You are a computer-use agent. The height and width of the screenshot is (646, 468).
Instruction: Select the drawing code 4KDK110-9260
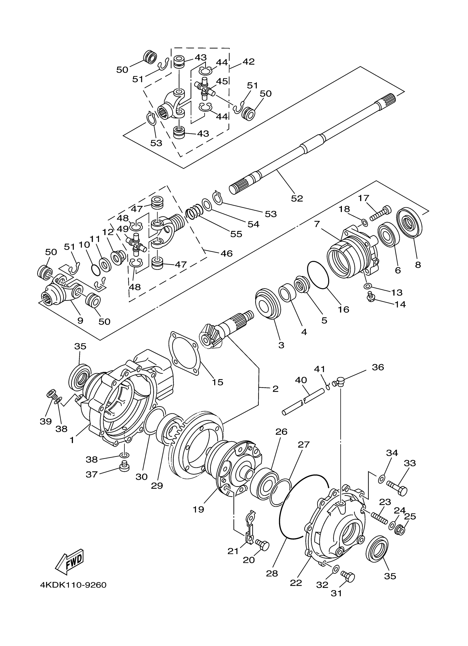click(x=73, y=585)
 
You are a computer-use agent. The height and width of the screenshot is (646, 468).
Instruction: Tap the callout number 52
click(x=297, y=198)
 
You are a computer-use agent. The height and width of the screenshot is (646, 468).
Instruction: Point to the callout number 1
click(x=72, y=440)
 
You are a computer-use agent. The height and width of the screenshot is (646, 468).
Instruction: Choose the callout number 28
click(x=272, y=573)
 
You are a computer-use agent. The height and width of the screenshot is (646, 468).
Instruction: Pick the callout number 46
click(x=227, y=253)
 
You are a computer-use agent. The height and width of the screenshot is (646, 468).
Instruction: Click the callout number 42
click(x=248, y=62)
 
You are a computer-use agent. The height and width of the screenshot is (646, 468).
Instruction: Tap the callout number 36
click(x=378, y=367)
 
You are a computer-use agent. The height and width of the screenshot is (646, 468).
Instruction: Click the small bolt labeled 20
click(x=263, y=545)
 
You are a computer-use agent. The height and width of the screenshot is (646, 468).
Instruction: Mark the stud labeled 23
click(x=379, y=517)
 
